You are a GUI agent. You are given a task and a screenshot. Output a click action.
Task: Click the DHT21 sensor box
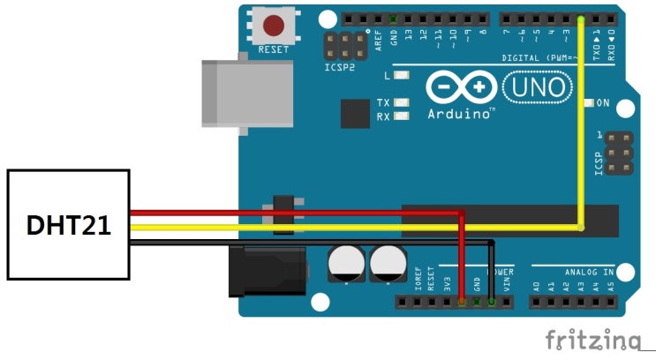(x=68, y=225)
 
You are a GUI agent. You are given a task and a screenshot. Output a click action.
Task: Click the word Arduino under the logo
(x=460, y=114)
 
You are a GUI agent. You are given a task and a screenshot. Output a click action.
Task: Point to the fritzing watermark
(x=592, y=340)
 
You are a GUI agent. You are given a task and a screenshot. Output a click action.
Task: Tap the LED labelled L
(x=403, y=77)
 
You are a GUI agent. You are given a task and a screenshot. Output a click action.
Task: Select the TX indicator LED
(x=403, y=102)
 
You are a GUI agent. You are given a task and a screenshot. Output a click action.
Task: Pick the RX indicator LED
(x=403, y=116)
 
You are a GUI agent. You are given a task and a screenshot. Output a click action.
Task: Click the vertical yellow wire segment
(x=581, y=124)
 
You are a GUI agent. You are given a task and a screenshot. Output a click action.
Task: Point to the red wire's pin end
(x=462, y=301)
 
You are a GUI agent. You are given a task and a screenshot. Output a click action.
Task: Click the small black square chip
(x=356, y=113)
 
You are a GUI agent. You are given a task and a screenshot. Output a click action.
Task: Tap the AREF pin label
(x=378, y=40)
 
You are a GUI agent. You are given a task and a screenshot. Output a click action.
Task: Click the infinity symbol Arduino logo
(x=459, y=88)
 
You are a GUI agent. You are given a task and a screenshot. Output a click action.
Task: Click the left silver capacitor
(x=344, y=264)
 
